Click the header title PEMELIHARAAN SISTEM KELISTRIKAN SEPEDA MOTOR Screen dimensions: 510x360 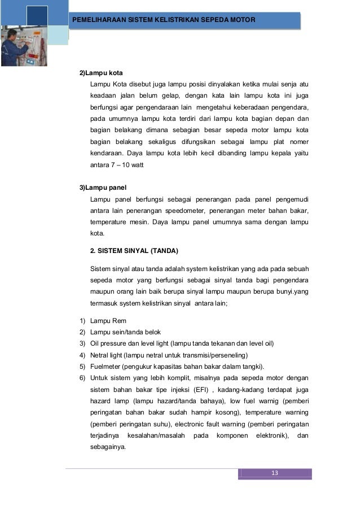point(164,20)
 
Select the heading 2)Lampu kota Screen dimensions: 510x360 point(101,73)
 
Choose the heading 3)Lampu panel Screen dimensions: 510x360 point(103,187)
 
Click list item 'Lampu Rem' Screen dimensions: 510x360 point(108,321)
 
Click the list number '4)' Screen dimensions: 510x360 point(82,355)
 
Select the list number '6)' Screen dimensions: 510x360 point(82,377)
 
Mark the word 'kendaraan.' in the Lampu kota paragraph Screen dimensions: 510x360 point(107,153)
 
